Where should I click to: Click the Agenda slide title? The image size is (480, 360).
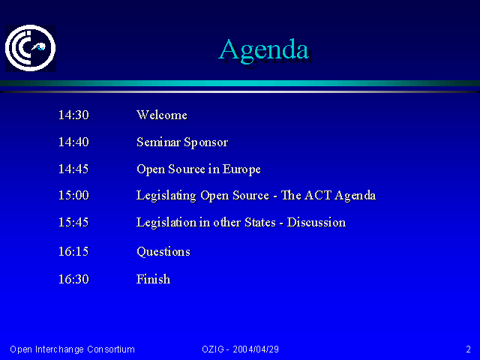(264, 50)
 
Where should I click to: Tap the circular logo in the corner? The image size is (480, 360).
(31, 48)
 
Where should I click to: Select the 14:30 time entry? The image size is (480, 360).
(73, 115)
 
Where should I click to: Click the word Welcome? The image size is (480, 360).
(162, 115)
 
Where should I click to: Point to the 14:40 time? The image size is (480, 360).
(73, 142)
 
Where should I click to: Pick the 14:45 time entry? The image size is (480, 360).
(73, 169)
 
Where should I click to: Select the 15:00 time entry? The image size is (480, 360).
(73, 195)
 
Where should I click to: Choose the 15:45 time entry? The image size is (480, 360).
(73, 222)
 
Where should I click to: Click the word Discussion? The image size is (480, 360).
(316, 222)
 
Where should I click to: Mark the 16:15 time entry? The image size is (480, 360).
(73, 252)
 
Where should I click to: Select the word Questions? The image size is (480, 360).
(163, 252)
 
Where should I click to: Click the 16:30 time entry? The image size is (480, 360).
(73, 279)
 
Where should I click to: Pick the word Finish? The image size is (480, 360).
(153, 279)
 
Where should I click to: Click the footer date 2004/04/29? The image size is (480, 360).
(256, 349)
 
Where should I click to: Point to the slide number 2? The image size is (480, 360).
(468, 349)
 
